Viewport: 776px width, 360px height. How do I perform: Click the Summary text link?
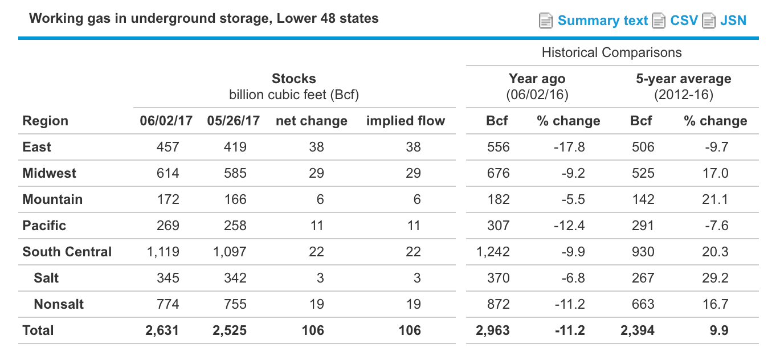coord(602,21)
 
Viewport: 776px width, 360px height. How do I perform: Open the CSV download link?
coord(684,21)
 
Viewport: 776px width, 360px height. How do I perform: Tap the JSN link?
coord(733,21)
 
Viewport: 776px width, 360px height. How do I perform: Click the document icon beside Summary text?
coord(546,21)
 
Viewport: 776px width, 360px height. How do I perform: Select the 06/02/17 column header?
coord(166,121)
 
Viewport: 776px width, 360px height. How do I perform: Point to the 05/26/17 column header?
coord(234,121)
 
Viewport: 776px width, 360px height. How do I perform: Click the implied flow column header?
coord(405,121)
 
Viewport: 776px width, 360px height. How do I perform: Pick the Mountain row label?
coord(52,199)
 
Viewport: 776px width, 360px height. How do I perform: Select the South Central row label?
coord(67,252)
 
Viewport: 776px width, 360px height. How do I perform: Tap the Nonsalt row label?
coord(59,304)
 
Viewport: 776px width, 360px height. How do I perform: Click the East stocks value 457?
coord(168,147)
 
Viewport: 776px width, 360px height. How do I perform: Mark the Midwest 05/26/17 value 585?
coord(235,173)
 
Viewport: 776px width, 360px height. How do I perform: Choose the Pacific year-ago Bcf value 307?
coord(498,226)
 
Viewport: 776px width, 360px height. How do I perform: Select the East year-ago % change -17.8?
coord(569,147)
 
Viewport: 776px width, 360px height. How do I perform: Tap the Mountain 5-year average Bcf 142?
coord(643,199)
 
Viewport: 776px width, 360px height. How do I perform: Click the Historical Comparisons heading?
coord(611,52)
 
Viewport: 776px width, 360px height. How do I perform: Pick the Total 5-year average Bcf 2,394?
coord(638,330)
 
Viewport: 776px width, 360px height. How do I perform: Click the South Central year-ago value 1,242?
coord(493,252)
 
